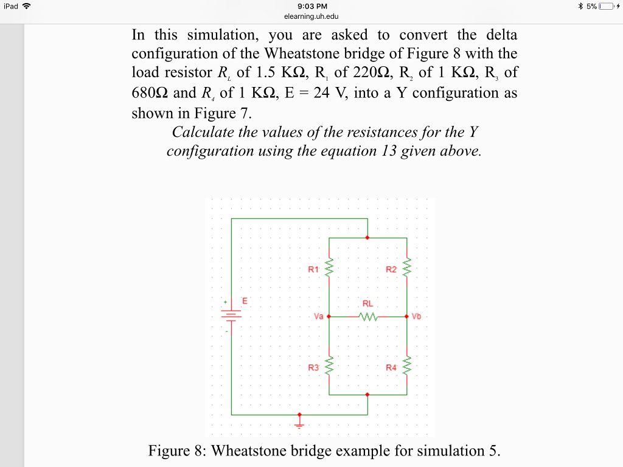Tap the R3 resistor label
[x=313, y=367]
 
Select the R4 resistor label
[x=391, y=367]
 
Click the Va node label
[x=318, y=317]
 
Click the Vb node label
[x=416, y=317]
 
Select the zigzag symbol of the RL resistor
[x=369, y=317]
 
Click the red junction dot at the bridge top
[x=367, y=238]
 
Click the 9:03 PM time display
[x=311, y=7]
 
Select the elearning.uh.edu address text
[x=311, y=16]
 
